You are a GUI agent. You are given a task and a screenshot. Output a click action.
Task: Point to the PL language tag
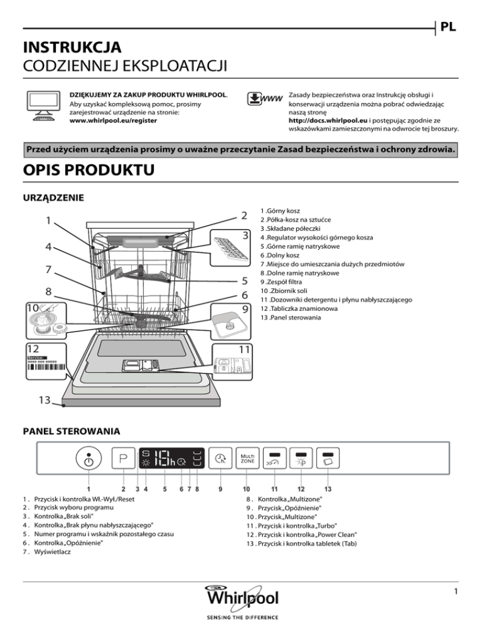[x=448, y=28]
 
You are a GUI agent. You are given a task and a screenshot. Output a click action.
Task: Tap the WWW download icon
[x=263, y=100]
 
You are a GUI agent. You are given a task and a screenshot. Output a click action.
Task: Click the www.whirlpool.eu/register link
[x=112, y=121]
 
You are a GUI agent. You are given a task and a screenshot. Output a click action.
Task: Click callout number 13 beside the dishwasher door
[x=42, y=399]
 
